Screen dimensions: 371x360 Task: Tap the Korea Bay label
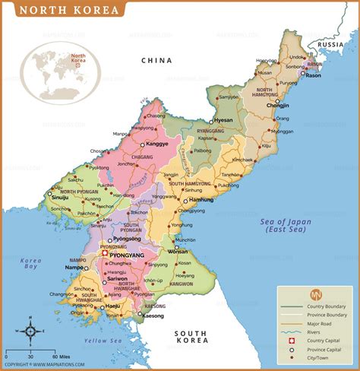tap(30, 265)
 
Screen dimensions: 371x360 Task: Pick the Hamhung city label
tap(201, 199)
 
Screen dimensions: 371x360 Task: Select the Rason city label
tap(318, 74)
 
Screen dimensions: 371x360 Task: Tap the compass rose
tap(28, 331)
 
